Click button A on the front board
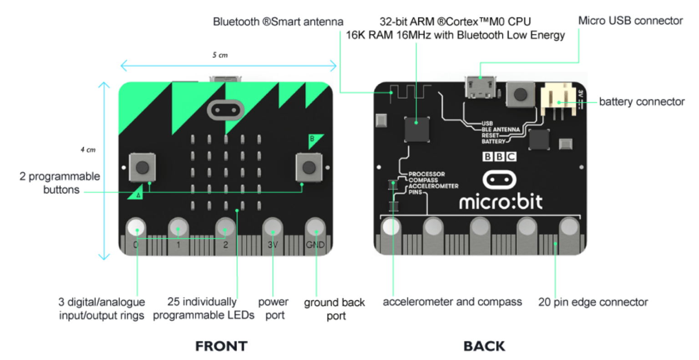pyautogui.click(x=142, y=167)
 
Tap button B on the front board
pyautogui.click(x=309, y=167)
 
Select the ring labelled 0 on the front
pyautogui.click(x=136, y=228)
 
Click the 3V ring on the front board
pyautogui.click(x=272, y=228)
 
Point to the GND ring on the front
pyautogui.click(x=315, y=228)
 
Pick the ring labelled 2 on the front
pyautogui.click(x=225, y=228)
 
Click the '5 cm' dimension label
pyautogui.click(x=220, y=55)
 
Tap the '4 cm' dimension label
pyautogui.click(x=88, y=150)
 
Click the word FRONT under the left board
pyautogui.click(x=221, y=346)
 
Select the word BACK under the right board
pyautogui.click(x=484, y=346)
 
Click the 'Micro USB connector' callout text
pyautogui.click(x=630, y=21)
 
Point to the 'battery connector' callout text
pyautogui.click(x=642, y=102)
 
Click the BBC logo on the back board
pyautogui.click(x=499, y=157)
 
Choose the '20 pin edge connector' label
pyautogui.click(x=593, y=302)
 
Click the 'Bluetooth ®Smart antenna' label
pyautogui.click(x=278, y=22)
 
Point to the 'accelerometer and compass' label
pyautogui.click(x=452, y=302)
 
